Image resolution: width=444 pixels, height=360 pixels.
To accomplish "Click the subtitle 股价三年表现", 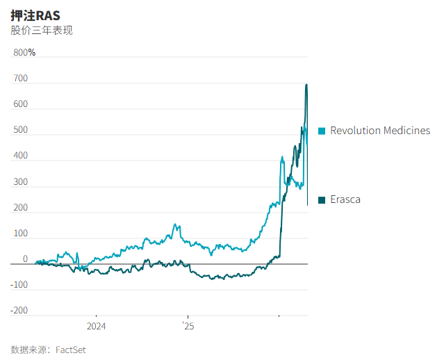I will pos(42,31).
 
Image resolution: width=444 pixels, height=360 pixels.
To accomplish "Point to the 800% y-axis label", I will pos(24,53).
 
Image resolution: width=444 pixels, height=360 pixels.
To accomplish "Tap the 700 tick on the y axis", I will pos(21,79).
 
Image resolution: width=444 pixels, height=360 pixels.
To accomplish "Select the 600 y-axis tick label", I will pos(21,104).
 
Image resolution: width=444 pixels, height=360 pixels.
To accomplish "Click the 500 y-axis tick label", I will pos(21,130).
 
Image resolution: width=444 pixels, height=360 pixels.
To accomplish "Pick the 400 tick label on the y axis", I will pos(21,156).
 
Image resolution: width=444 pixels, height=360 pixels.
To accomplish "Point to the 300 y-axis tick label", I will pos(21,182).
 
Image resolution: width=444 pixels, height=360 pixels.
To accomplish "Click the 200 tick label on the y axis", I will pos(21,208).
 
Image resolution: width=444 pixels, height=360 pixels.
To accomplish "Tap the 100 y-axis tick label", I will pos(21,234).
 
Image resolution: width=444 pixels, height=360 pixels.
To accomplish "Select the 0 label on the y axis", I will pos(25,259).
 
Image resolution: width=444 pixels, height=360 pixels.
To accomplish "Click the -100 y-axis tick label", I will pos(19,285).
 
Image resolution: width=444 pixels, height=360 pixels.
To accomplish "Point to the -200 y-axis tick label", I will pos(19,311).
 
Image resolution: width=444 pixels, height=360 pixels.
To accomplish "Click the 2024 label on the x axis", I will pos(96,325).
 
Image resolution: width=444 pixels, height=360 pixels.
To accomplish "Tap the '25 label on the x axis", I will pos(188,325).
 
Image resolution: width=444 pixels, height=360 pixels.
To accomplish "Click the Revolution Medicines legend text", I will pos(380,131).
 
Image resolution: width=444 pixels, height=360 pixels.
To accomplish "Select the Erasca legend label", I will pos(345,200).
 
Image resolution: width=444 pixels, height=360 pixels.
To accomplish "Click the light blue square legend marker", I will pos(322,131).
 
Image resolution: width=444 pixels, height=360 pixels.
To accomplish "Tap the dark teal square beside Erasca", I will pos(322,200).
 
